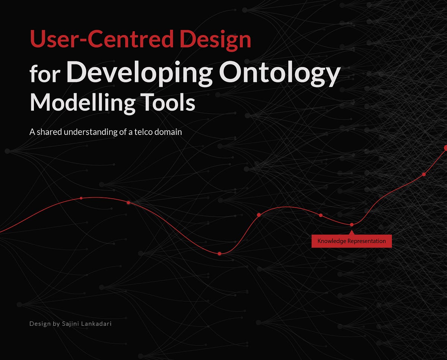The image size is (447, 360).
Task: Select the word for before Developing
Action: [45, 74]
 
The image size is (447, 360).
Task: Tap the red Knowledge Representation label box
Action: [351, 241]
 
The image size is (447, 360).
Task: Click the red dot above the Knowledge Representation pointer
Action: [352, 225]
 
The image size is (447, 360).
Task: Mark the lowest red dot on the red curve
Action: [219, 254]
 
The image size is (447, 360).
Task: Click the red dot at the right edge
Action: [446, 148]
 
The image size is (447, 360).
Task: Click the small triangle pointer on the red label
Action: [352, 233]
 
